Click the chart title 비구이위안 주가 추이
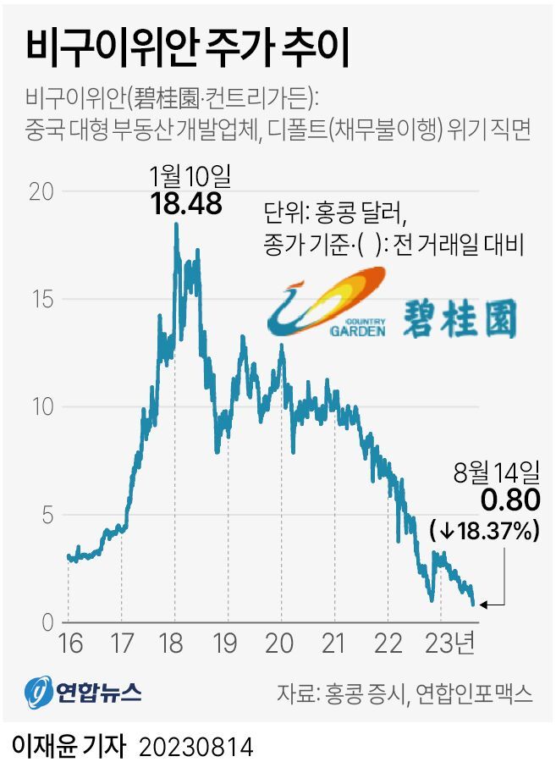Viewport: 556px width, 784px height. tap(187, 49)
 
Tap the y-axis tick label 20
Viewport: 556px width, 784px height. tap(41, 191)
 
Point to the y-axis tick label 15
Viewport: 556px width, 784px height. tap(42, 299)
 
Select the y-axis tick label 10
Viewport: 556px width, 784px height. tap(42, 407)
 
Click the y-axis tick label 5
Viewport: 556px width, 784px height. tap(47, 515)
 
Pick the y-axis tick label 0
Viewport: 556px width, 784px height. tap(47, 622)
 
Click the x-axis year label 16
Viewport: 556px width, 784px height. tap(70, 643)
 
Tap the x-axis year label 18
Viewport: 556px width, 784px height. tap(171, 643)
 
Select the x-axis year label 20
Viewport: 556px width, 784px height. tap(278, 643)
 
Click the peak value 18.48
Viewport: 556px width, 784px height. tap(186, 204)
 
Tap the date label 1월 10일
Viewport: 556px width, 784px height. tap(190, 176)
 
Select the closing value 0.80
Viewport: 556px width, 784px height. tap(510, 500)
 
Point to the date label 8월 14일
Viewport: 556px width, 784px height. tap(497, 472)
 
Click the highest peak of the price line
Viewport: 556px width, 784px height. tap(176, 224)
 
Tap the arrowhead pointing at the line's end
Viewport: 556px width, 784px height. tap(483, 605)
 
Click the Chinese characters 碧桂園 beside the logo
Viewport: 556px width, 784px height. tap(459, 318)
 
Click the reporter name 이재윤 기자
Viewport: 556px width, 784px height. tap(68, 747)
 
